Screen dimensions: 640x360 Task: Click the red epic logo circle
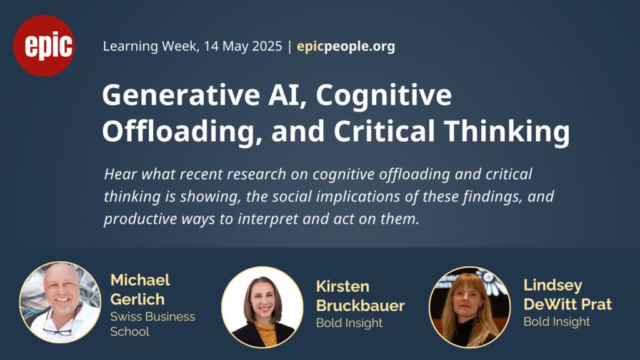coord(44,46)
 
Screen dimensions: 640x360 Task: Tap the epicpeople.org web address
coord(346,46)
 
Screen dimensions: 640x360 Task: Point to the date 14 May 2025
coord(243,46)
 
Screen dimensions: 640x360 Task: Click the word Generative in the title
coord(181,95)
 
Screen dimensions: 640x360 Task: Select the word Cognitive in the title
coord(384,96)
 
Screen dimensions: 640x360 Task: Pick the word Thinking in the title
coord(506,131)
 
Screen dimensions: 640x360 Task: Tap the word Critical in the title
coord(384,131)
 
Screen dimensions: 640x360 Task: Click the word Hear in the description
coord(119,174)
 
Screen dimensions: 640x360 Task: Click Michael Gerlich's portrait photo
coord(60,302)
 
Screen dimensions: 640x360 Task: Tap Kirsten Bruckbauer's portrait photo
coord(262,307)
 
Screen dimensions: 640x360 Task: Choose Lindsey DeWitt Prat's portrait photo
coord(470,307)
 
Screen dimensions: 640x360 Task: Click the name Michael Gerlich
coord(140,289)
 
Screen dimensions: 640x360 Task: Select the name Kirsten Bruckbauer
coord(361,296)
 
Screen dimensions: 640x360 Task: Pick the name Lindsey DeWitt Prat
coord(567,295)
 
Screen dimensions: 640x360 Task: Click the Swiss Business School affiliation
coord(152,324)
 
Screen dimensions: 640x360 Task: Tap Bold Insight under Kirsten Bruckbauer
coord(349,323)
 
